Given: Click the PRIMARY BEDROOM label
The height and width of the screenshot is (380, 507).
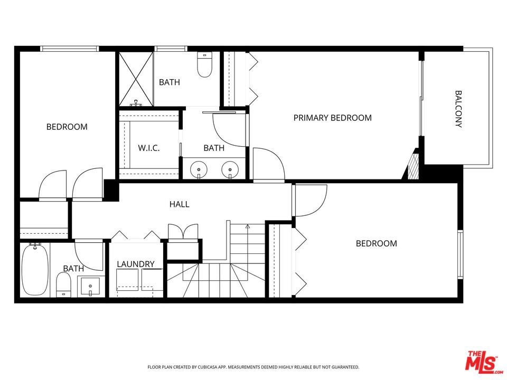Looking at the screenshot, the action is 332,118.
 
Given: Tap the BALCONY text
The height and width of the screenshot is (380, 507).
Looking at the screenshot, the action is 458,109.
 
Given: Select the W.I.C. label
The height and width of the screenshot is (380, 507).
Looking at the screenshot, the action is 149,148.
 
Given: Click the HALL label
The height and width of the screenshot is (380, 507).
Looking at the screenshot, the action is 179,204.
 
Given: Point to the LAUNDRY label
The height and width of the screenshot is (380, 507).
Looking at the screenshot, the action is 136,264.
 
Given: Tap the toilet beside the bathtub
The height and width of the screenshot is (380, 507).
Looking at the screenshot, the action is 64,284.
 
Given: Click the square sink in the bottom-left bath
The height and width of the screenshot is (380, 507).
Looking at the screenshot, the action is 90,286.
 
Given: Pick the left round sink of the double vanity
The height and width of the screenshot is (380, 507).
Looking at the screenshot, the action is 199,169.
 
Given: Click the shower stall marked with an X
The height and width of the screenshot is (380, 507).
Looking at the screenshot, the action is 136,79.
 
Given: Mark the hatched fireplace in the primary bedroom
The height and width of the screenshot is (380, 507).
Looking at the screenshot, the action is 414,166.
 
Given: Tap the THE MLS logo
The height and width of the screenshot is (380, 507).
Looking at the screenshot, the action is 483,361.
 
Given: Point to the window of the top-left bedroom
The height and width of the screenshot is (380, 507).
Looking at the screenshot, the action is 70,49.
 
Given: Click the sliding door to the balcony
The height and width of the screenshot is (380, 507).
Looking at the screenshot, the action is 421,98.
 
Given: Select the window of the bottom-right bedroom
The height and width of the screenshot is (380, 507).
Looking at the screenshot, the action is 461,254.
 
